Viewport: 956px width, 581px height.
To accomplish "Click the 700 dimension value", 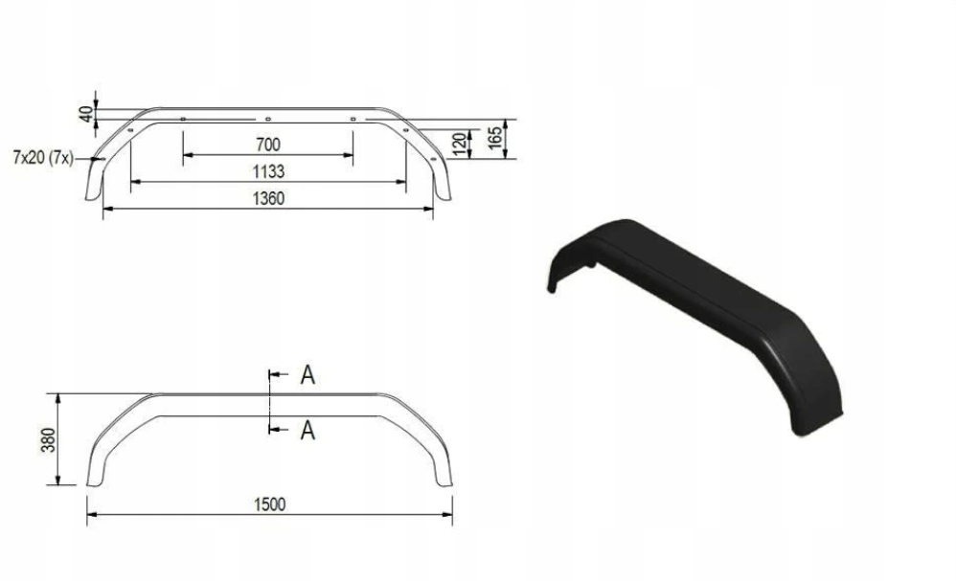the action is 268,145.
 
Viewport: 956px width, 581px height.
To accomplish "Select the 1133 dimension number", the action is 268,171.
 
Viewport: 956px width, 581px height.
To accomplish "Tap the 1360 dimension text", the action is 268,198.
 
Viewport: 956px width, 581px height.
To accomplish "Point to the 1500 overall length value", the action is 269,504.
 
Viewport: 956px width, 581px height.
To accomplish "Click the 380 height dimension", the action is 48,439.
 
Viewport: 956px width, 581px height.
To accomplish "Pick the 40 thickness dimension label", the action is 86,114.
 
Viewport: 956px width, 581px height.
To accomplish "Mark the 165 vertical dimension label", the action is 495,138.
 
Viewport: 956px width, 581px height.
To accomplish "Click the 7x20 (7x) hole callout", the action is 43,158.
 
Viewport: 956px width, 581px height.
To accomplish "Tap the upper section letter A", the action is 307,375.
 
